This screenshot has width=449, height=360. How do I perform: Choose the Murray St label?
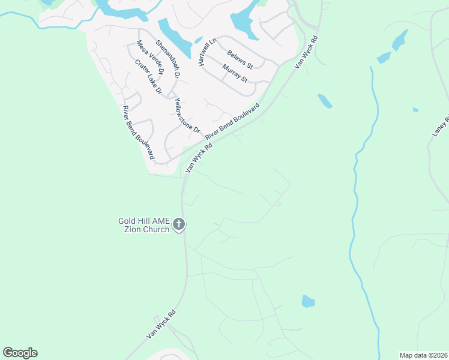tap(235, 73)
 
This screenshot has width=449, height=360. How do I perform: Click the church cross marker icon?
tap(179, 226)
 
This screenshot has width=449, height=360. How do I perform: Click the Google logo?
tap(20, 353)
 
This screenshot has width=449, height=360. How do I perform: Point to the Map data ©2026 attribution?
tap(423, 355)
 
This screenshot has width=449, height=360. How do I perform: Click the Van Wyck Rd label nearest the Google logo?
tap(161, 325)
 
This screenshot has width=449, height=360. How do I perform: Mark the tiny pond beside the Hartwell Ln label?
tap(198, 40)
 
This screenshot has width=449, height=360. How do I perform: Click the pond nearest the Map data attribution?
tap(308, 301)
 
